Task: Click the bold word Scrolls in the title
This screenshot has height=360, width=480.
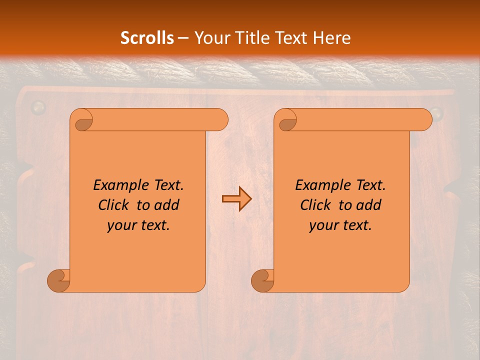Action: point(147,38)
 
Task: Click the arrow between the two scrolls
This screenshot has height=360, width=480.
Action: point(236,199)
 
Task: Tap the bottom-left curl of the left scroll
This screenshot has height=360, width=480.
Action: point(59,280)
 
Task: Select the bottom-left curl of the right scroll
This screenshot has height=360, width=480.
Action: point(263,280)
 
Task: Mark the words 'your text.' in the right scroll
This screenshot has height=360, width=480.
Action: point(340,225)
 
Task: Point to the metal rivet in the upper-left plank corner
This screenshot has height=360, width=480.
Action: point(38,106)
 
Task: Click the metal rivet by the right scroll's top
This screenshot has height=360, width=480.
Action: point(436,112)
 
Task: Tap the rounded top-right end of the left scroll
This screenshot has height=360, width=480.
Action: point(220,120)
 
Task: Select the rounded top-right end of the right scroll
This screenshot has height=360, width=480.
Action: point(424,120)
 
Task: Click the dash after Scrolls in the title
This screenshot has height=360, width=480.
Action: point(183,38)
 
